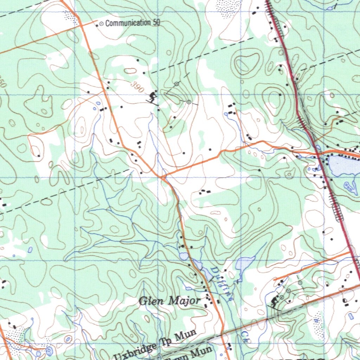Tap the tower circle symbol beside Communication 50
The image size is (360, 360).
[101, 24]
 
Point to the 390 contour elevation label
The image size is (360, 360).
[137, 87]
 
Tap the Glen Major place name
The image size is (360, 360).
[169, 301]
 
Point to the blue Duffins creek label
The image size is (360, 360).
[221, 283]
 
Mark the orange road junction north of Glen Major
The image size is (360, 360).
[162, 177]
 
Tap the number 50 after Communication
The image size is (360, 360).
[156, 23]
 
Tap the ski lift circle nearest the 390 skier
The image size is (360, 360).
[177, 84]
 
